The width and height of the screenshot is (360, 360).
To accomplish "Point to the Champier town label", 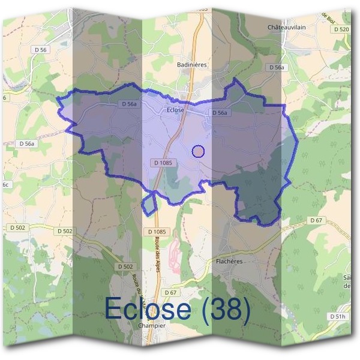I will pos(151,326).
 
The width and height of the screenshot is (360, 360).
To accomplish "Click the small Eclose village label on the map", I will pos(175,110).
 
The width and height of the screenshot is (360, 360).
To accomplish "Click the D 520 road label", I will pos(340,29).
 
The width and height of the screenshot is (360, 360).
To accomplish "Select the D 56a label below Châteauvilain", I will pos(276,68).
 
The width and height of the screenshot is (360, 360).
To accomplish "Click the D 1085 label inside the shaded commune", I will pos(163,162).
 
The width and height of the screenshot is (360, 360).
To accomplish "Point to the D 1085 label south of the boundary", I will pos(155,232).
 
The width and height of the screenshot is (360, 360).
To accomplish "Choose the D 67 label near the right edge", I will pos(316,220).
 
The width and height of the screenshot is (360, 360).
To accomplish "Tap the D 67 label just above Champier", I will pos(172,292).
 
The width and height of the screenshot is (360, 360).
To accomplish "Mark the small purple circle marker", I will pos(199,151).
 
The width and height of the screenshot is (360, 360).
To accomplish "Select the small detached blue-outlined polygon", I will pos(149,205).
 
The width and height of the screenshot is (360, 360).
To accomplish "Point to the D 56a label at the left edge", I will pos(28,144).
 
